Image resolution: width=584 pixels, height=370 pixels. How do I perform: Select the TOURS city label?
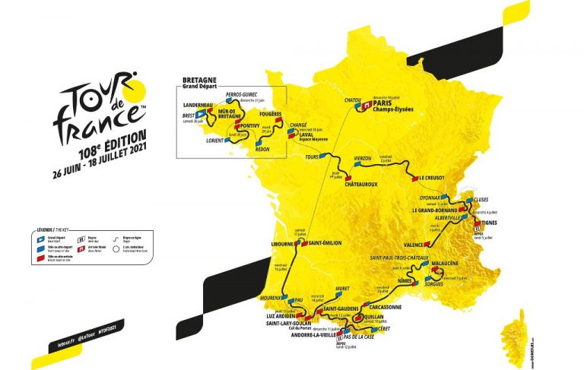(x=309, y=156)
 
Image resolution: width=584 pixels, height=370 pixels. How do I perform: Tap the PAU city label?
(x=297, y=300)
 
